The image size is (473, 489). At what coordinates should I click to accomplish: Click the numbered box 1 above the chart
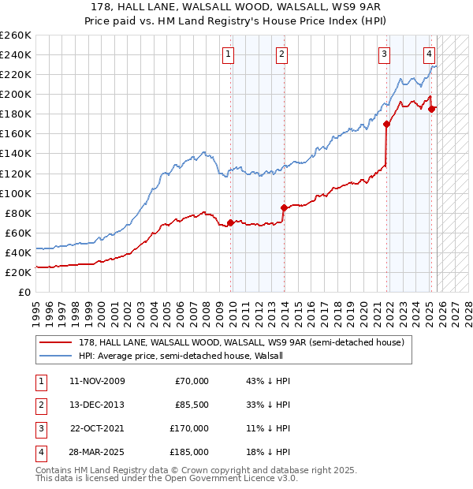tap(228, 54)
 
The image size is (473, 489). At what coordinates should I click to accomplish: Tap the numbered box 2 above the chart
tap(281, 54)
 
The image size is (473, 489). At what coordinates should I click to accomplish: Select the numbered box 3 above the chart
tap(384, 54)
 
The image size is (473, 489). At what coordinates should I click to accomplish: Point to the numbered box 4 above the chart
tap(429, 54)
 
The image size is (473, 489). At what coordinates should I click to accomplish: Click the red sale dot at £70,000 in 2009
tap(230, 222)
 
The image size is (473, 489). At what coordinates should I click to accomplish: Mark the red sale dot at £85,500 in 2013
tap(283, 207)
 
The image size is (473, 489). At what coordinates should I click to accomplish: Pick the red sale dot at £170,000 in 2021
tap(386, 124)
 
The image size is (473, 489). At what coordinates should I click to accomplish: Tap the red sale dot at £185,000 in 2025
tap(431, 109)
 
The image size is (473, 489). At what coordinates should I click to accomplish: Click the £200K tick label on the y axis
tap(16, 94)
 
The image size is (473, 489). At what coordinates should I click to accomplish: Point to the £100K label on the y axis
tap(16, 193)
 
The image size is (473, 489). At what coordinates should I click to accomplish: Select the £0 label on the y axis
tap(23, 292)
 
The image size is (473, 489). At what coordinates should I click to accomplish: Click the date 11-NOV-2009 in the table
tap(97, 381)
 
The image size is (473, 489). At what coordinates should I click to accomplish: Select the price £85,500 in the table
tap(192, 405)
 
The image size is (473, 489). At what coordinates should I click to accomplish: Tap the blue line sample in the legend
tap(55, 356)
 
